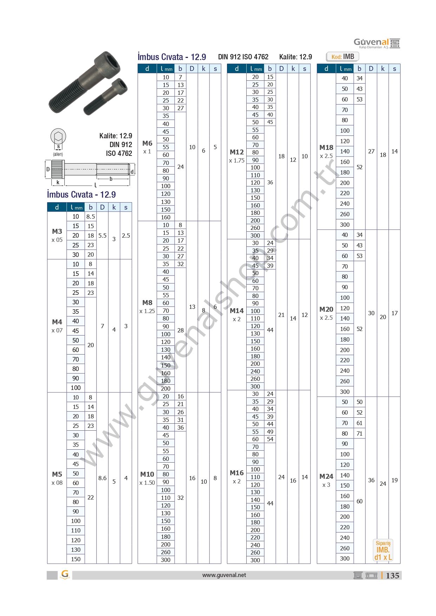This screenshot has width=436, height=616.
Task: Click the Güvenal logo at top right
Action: tap(376, 43)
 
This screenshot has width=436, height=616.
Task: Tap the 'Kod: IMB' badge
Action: tap(343, 57)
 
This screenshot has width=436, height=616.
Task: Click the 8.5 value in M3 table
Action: tap(91, 217)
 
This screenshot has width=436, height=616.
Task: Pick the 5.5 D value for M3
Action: tap(102, 236)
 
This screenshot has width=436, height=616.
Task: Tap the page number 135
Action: tap(392, 576)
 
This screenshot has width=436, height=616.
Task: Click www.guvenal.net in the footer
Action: tap(224, 575)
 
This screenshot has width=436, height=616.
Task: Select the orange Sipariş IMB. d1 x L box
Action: tap(383, 550)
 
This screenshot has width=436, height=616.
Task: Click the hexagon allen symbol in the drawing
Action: tap(58, 136)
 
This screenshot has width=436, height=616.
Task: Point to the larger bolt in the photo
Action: tap(84, 82)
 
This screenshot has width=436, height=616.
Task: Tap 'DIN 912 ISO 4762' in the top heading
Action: tap(243, 57)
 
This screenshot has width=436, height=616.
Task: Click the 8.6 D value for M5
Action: tap(102, 478)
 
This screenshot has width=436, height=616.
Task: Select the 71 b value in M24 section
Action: tap(359, 433)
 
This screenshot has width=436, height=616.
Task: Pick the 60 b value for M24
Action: tap(359, 501)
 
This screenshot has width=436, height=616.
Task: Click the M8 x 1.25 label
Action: tap(147, 306)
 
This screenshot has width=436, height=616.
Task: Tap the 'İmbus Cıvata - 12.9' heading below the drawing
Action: tap(82, 194)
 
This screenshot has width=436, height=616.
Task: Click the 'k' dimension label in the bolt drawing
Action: tap(58, 183)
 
